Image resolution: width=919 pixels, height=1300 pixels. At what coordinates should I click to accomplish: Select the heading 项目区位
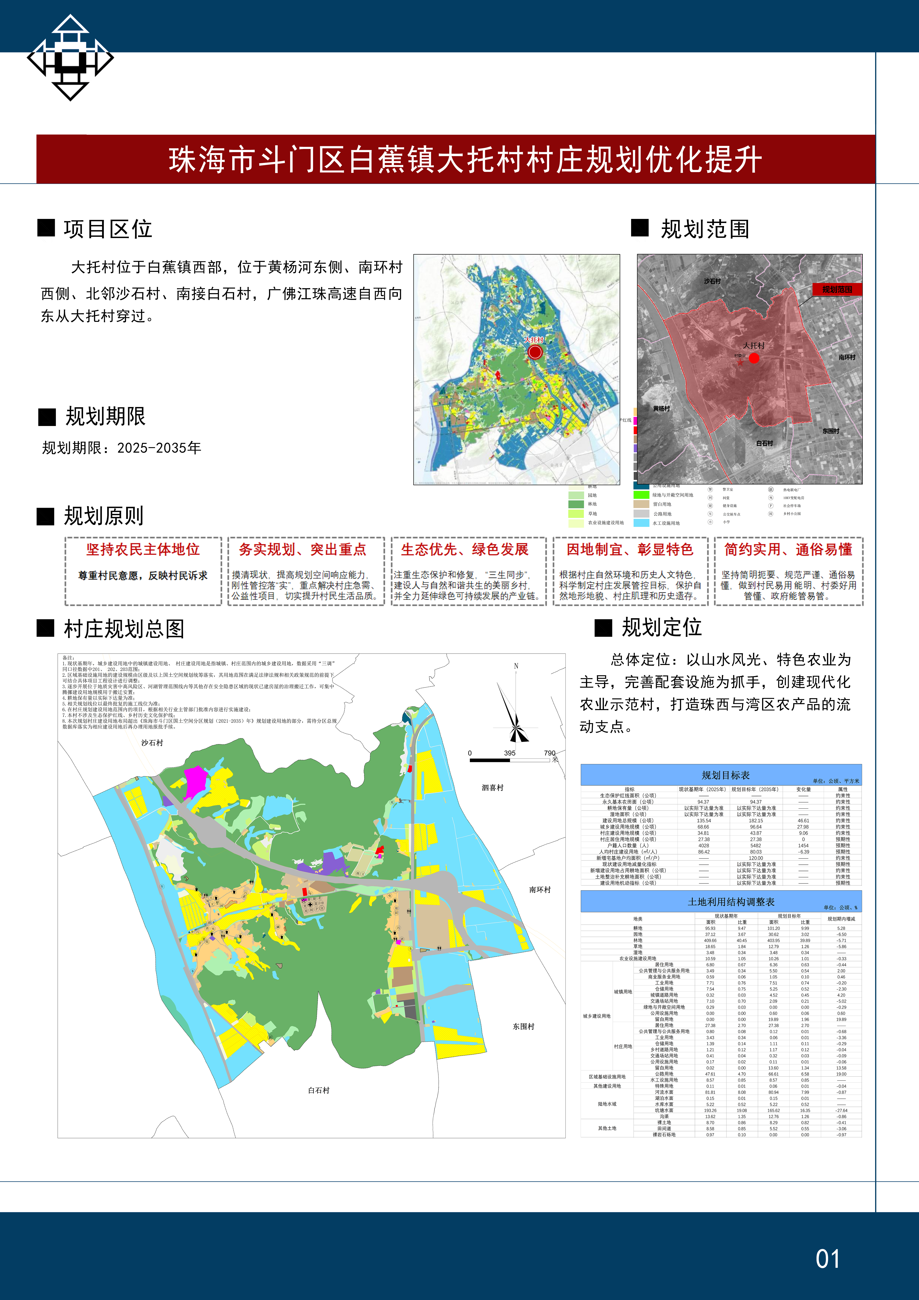(107, 229)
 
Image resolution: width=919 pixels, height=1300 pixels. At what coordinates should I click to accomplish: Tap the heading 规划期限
(105, 416)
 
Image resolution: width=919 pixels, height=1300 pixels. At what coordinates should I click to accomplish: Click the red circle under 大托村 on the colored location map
(535, 352)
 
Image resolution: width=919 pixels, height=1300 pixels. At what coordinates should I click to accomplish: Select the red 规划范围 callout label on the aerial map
(837, 289)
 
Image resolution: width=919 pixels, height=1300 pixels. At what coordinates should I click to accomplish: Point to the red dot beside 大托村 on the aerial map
(754, 358)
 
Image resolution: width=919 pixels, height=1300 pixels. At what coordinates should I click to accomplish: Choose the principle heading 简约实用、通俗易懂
(788, 549)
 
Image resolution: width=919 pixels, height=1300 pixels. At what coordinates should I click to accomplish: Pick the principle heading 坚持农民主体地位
(143, 549)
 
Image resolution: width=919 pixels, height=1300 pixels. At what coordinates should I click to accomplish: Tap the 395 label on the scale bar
(510, 753)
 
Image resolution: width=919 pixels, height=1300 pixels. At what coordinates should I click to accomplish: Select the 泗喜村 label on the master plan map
(492, 788)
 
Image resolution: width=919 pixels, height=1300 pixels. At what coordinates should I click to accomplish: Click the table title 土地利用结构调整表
(730, 901)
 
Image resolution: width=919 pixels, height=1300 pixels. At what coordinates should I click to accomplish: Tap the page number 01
(827, 1259)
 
